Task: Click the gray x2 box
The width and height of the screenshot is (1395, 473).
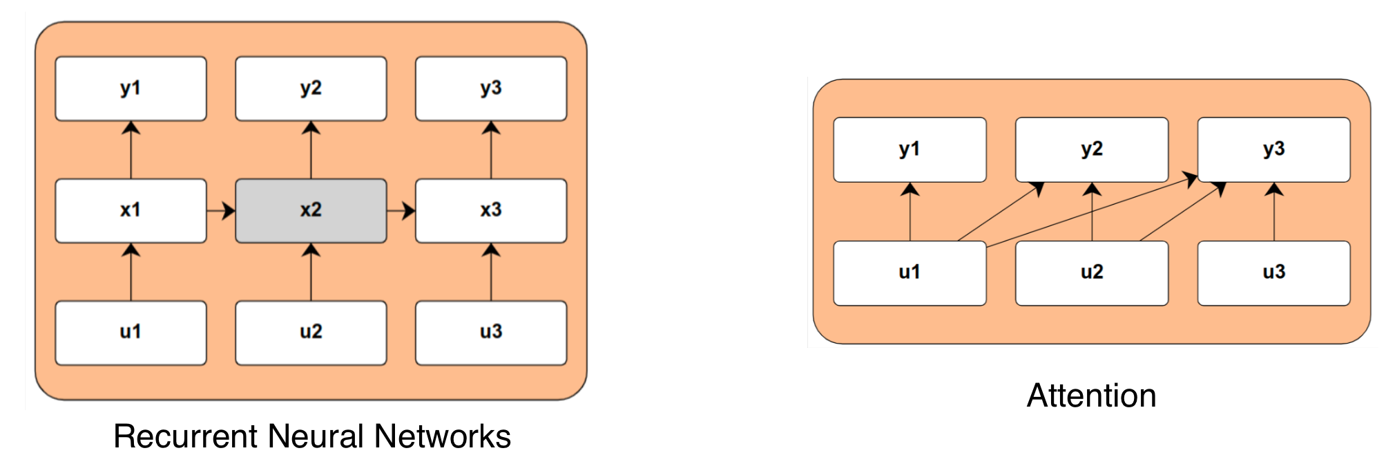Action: tap(311, 211)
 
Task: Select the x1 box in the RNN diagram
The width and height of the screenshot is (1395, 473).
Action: tap(131, 211)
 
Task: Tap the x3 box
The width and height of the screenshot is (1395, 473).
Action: tap(491, 211)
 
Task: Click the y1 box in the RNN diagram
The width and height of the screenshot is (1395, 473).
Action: tap(131, 89)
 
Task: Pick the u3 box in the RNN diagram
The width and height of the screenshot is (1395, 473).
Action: tap(491, 333)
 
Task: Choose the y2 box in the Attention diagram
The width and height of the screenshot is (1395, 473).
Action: tap(1092, 149)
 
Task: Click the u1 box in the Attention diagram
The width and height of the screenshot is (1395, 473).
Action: tap(910, 273)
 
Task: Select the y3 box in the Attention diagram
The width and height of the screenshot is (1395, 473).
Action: tap(1273, 149)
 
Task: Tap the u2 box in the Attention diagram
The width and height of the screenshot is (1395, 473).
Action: tap(1092, 273)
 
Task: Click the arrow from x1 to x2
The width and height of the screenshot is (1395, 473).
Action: tap(220, 211)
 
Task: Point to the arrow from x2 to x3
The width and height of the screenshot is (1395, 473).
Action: tap(401, 211)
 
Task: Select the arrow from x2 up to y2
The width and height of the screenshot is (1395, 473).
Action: tap(311, 151)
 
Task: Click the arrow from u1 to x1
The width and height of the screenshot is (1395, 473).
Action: tap(131, 272)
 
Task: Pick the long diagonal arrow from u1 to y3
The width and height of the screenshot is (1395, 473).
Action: tap(1091, 211)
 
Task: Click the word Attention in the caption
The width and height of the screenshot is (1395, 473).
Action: tap(1091, 396)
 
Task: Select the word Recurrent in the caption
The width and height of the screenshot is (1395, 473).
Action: tap(186, 436)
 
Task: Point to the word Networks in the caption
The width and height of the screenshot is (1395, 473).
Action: tap(442, 436)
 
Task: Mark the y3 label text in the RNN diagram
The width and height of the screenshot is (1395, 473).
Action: tap(491, 89)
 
